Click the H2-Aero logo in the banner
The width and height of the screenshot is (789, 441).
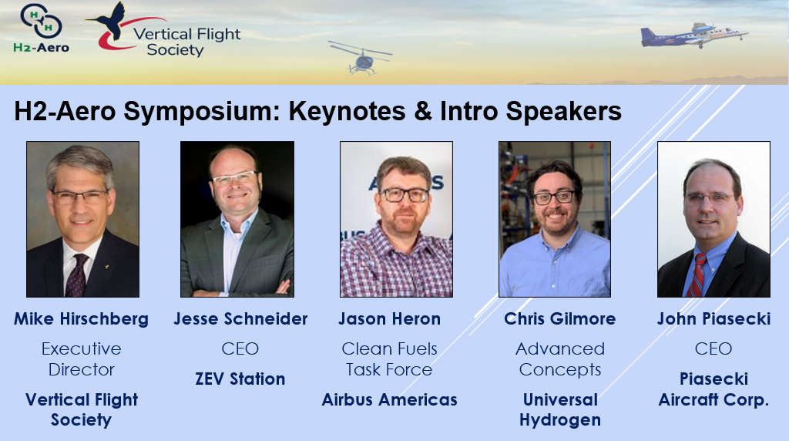tap(41, 29)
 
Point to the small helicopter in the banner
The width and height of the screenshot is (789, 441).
tap(361, 57)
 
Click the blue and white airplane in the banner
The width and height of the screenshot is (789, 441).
tap(693, 35)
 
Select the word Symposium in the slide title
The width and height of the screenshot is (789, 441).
tap(202, 112)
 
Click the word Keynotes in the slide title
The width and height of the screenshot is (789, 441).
tap(347, 111)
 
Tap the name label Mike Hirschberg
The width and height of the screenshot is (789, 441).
tap(81, 319)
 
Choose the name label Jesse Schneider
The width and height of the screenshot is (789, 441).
tap(240, 318)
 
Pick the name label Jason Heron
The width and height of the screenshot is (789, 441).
tap(389, 318)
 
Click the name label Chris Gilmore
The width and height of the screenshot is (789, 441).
tap(560, 318)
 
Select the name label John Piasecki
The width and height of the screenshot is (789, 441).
tap(713, 318)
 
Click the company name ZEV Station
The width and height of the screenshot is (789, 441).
tap(240, 379)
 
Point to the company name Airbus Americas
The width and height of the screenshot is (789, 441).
tap(389, 399)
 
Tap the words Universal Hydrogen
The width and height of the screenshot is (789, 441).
tap(560, 410)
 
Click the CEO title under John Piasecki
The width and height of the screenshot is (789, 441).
tap(713, 349)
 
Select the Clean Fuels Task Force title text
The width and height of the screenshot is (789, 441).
tap(389, 359)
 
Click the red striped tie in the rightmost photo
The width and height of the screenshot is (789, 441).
tap(697, 274)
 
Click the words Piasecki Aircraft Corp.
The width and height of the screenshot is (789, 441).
tap(713, 389)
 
